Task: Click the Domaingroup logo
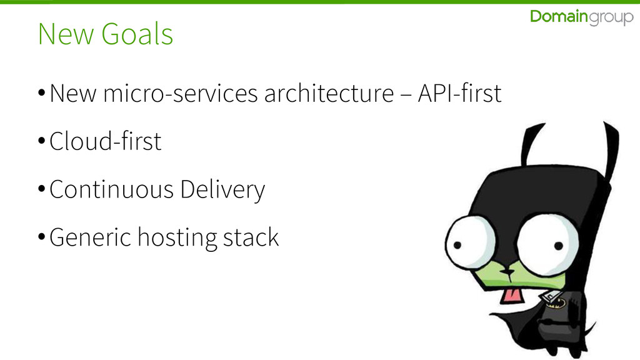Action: [581, 18]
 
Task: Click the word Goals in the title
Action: [137, 34]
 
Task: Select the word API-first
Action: [459, 94]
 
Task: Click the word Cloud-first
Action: [105, 142]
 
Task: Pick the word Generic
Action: [90, 237]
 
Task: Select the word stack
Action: [250, 237]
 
